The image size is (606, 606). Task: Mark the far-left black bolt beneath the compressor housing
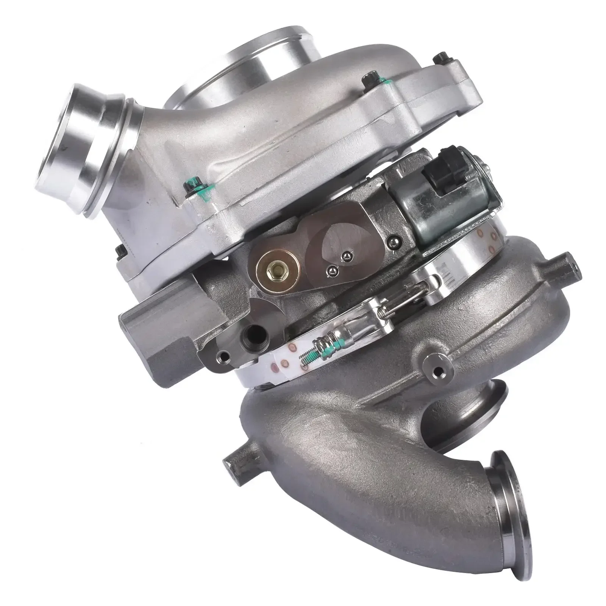click(120, 250)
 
